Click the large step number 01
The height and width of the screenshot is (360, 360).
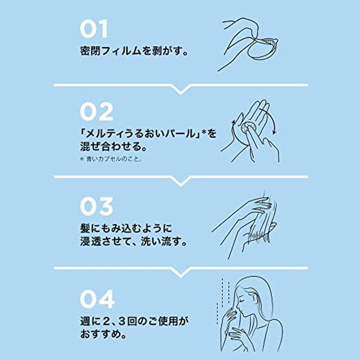click(94, 29)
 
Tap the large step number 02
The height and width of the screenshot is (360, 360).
click(96, 112)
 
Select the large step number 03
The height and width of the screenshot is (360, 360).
click(96, 206)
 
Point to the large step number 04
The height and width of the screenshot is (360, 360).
click(97, 299)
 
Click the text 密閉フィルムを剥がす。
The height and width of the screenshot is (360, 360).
click(134, 51)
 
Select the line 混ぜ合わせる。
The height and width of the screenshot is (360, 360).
click(114, 147)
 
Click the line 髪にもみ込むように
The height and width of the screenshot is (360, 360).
click(126, 229)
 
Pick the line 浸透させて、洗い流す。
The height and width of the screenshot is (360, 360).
click(134, 242)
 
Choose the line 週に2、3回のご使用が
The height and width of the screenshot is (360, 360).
click(134, 321)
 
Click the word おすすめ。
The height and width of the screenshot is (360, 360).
click(103, 334)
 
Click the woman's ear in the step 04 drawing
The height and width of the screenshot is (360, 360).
click(254, 297)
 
